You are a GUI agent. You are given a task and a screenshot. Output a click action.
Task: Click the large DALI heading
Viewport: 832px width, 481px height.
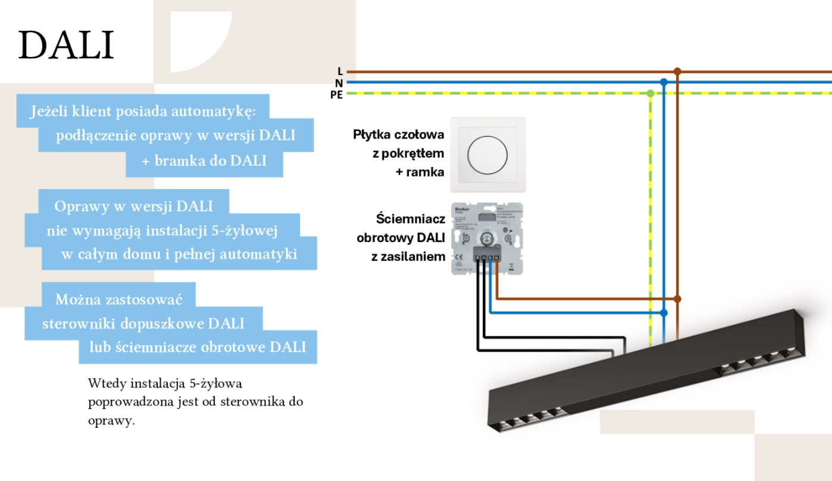(66, 46)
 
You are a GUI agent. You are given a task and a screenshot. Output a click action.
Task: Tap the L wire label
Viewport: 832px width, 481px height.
(340, 71)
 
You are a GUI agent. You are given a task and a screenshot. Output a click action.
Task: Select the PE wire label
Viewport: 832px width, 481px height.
(337, 95)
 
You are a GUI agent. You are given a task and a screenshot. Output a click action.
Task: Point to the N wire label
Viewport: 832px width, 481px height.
(339, 83)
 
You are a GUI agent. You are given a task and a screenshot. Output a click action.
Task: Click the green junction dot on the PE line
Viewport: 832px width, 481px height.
(650, 93)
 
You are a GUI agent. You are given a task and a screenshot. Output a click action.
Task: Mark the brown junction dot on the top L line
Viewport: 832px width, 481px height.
(677, 71)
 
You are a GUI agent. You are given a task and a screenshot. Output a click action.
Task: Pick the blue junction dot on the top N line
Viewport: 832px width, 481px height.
(664, 82)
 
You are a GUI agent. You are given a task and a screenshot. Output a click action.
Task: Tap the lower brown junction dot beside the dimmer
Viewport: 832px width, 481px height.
(677, 298)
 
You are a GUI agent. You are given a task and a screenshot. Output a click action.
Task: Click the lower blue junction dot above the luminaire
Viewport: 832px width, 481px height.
(664, 312)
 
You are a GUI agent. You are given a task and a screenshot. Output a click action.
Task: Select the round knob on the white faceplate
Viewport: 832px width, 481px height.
(488, 155)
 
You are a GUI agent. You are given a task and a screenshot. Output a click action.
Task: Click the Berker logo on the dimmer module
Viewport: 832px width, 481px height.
(462, 210)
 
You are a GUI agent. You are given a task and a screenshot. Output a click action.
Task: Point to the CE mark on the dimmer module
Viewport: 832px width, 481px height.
(459, 257)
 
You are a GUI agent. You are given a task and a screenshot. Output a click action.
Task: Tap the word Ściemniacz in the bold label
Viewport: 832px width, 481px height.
(411, 219)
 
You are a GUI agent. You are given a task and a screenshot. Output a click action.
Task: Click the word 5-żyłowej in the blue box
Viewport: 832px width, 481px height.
(251, 230)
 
